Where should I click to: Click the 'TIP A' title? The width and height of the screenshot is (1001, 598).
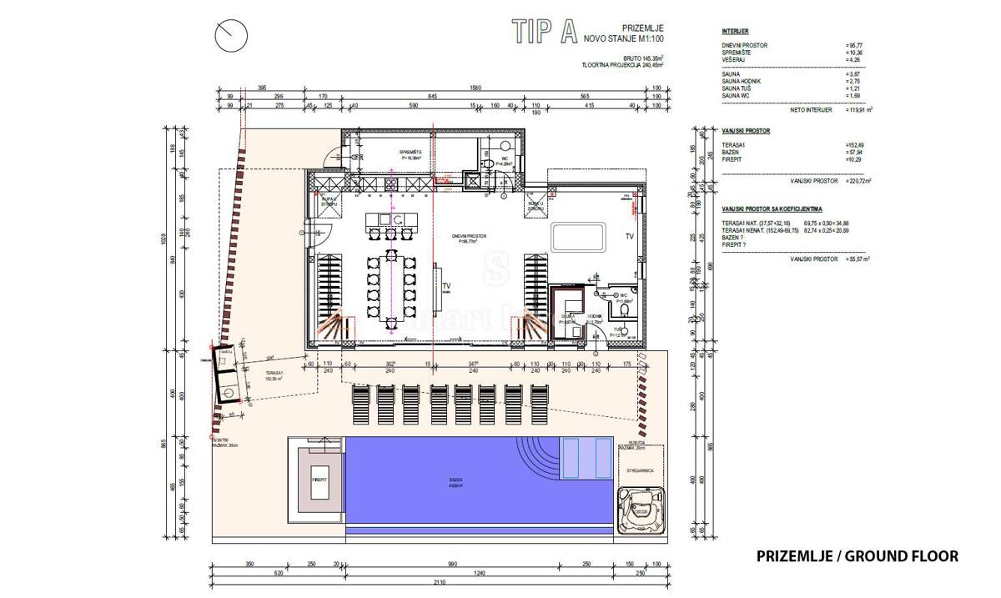tap(545, 31)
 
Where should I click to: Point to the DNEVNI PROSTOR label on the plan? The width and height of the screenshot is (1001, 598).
tap(469, 236)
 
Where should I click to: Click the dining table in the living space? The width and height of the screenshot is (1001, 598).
tap(389, 284)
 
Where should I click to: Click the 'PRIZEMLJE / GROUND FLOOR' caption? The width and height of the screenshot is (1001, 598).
tap(858, 555)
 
